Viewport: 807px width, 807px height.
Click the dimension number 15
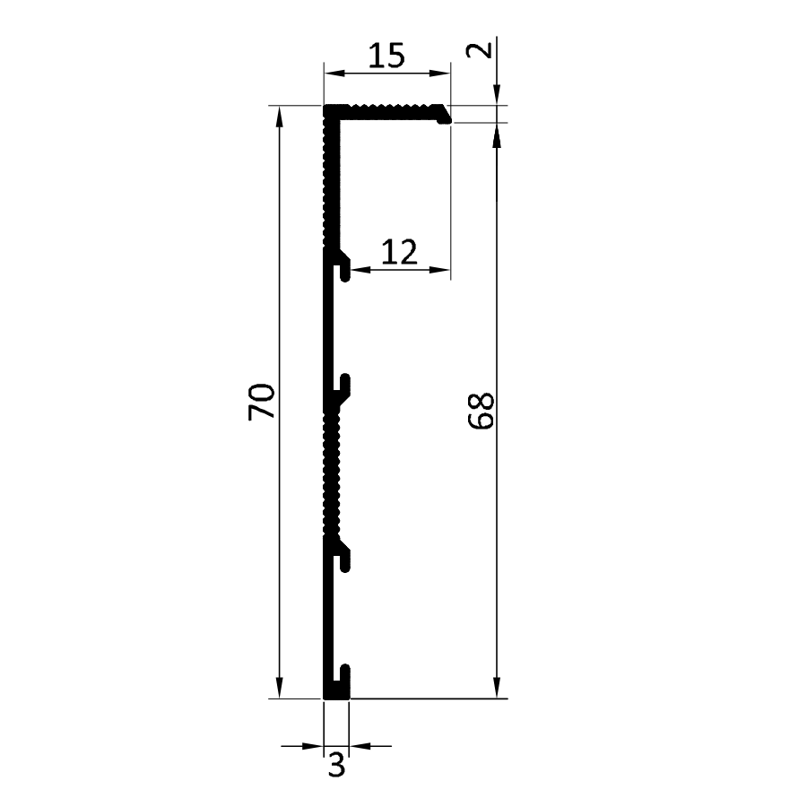[x=387, y=56]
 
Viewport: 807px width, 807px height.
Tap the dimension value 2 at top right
[x=480, y=50]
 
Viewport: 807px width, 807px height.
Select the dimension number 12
[x=399, y=252]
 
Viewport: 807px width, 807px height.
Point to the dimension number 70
[x=261, y=402]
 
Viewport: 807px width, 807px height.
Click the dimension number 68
[x=481, y=411]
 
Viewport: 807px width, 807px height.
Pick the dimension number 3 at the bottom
[x=336, y=766]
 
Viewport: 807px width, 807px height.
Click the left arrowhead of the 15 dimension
[x=334, y=74]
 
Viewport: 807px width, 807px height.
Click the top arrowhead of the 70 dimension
[x=280, y=117]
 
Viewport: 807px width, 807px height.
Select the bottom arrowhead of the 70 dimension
[x=280, y=688]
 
